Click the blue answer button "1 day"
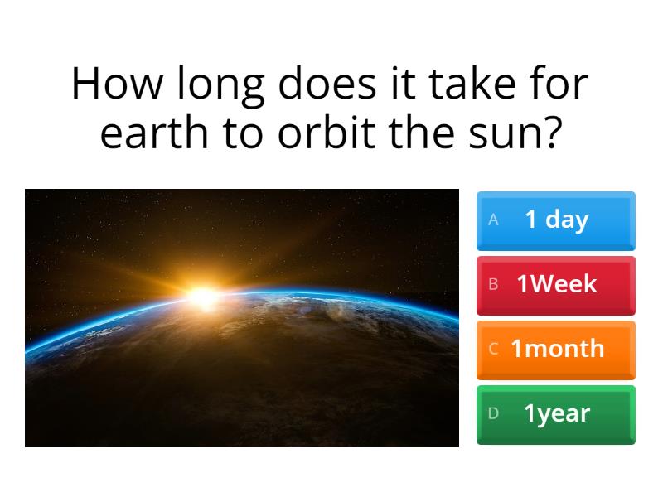coord(555,220)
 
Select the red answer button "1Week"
coord(555,285)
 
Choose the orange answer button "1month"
coord(555,349)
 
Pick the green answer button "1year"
coord(555,413)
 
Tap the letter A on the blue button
coord(494,220)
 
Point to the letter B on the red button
coord(493,285)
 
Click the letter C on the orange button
coord(493,349)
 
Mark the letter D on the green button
coord(493,413)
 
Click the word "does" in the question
coord(330,84)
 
